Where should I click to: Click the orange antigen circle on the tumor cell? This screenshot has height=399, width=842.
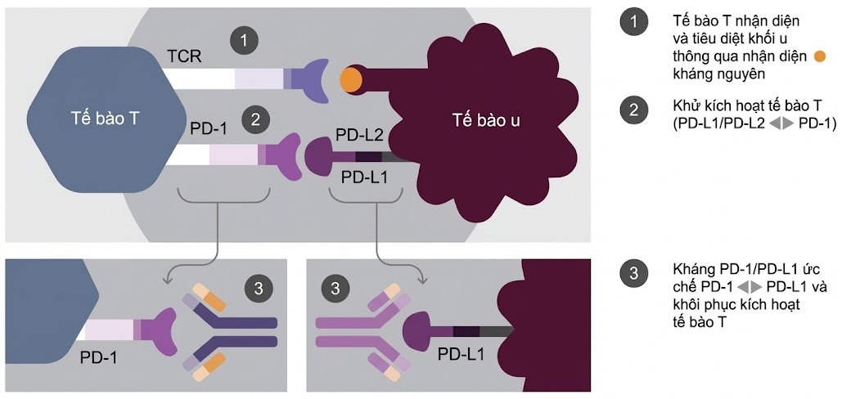(352, 78)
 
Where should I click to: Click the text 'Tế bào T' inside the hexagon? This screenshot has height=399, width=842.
(105, 119)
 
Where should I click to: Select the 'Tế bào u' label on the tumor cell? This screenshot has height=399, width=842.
(486, 121)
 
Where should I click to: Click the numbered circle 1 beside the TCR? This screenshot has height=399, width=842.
(243, 38)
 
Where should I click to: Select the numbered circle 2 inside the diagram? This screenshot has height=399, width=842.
(256, 120)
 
